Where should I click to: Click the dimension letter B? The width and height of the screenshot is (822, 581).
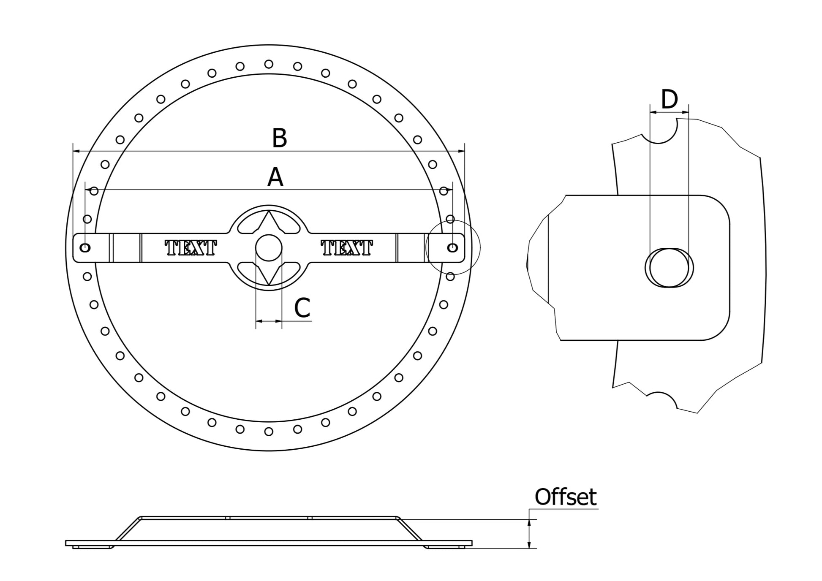(x=279, y=138)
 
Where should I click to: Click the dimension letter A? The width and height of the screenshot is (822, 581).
(x=275, y=177)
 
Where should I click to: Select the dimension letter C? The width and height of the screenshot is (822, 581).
(x=302, y=308)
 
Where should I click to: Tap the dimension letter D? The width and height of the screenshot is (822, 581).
(x=669, y=100)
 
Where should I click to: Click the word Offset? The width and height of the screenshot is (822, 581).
(x=565, y=497)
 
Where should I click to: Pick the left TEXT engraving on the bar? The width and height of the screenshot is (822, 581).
(x=191, y=248)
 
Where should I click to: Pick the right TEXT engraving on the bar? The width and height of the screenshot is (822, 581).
(x=347, y=248)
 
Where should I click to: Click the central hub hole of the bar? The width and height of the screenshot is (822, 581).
(x=269, y=248)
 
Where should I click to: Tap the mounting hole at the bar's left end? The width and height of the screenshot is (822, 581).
(x=85, y=247)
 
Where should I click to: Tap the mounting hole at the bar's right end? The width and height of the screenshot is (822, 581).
(x=452, y=248)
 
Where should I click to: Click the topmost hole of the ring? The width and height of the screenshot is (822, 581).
(x=269, y=64)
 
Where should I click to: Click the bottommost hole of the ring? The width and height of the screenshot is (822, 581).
(x=269, y=432)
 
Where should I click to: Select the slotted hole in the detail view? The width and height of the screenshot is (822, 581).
(x=669, y=268)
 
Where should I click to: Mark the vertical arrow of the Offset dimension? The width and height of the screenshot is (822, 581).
(x=529, y=534)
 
